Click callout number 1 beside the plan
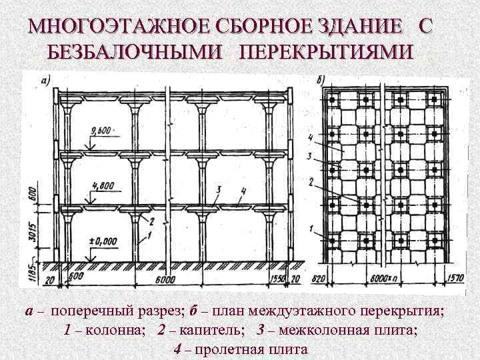pos(311,229)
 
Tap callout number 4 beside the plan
pos(312,138)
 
